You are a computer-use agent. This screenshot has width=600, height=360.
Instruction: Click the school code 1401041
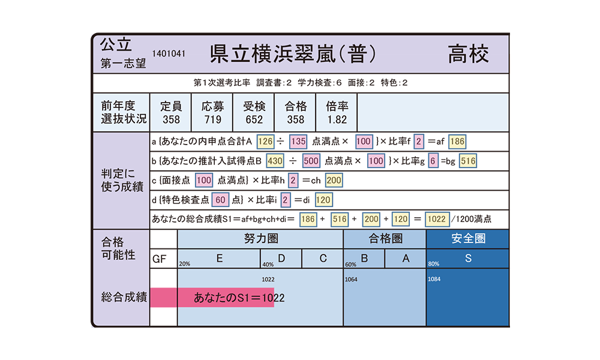tap(169, 53)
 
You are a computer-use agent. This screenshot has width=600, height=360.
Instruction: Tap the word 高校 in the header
tap(468, 53)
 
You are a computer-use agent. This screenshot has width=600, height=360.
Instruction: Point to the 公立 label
tap(116, 45)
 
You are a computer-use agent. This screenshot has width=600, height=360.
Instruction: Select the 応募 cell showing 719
tap(212, 112)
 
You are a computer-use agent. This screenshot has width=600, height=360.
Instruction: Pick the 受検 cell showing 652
tap(254, 112)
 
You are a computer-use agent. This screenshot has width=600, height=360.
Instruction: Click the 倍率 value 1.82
tap(337, 119)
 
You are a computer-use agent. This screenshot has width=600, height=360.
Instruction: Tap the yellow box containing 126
tap(265, 142)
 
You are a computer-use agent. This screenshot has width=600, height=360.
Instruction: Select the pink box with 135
tap(298, 142)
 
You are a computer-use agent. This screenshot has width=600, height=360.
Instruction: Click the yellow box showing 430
tap(275, 161)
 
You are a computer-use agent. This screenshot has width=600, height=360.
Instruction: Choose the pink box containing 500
tap(311, 161)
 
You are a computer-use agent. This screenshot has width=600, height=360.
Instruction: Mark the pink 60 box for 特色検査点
tap(220, 200)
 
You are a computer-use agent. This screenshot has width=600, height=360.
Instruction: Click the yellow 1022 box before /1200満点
tap(437, 219)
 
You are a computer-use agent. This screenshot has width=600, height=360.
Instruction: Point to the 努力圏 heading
tap(261, 239)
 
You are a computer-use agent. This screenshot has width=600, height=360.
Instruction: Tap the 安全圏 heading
tap(468, 239)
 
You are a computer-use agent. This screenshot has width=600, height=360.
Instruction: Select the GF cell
tap(163, 259)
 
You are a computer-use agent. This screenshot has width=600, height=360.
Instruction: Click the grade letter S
tap(468, 259)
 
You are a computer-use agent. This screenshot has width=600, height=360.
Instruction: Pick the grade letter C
tap(323, 259)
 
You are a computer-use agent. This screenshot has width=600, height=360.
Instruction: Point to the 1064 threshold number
tap(351, 279)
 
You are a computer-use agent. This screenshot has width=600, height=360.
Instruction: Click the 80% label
tap(434, 263)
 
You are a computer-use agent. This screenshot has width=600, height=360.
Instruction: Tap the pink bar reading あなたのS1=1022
tap(226, 297)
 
